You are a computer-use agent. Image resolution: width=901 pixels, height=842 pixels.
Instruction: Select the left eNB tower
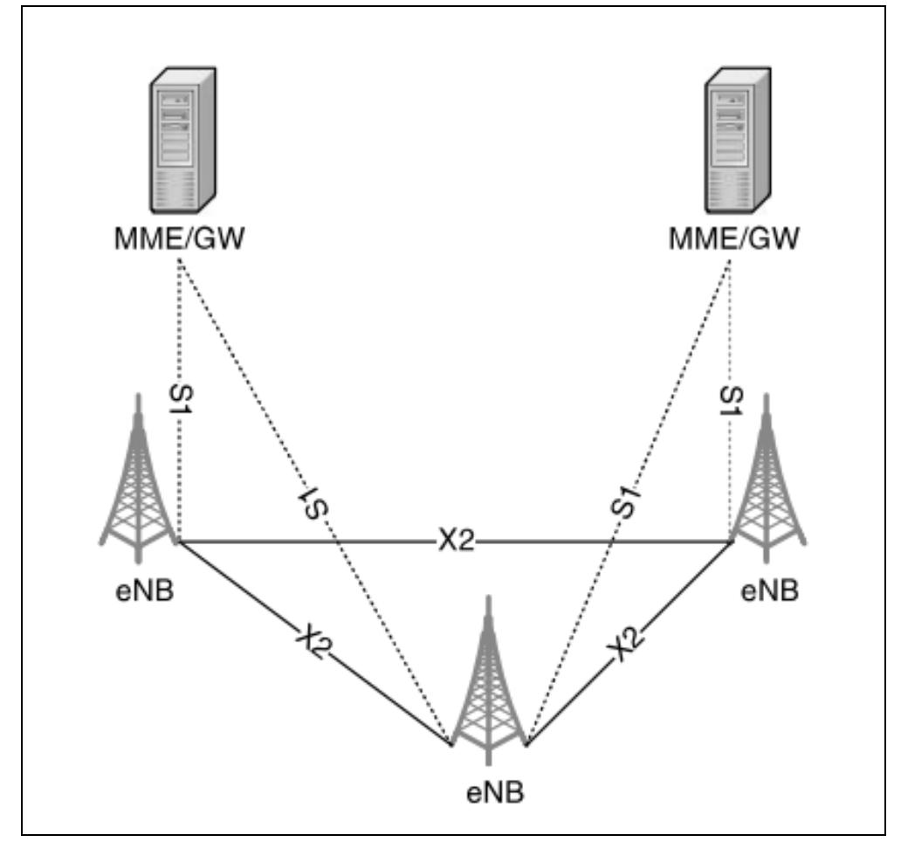coord(138,489)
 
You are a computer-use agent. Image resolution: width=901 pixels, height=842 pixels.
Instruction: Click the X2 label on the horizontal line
coord(455,542)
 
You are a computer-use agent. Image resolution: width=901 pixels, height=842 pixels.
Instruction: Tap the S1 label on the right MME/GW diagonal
coord(626,501)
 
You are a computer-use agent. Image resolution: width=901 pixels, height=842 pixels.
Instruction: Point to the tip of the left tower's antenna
coord(137,395)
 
